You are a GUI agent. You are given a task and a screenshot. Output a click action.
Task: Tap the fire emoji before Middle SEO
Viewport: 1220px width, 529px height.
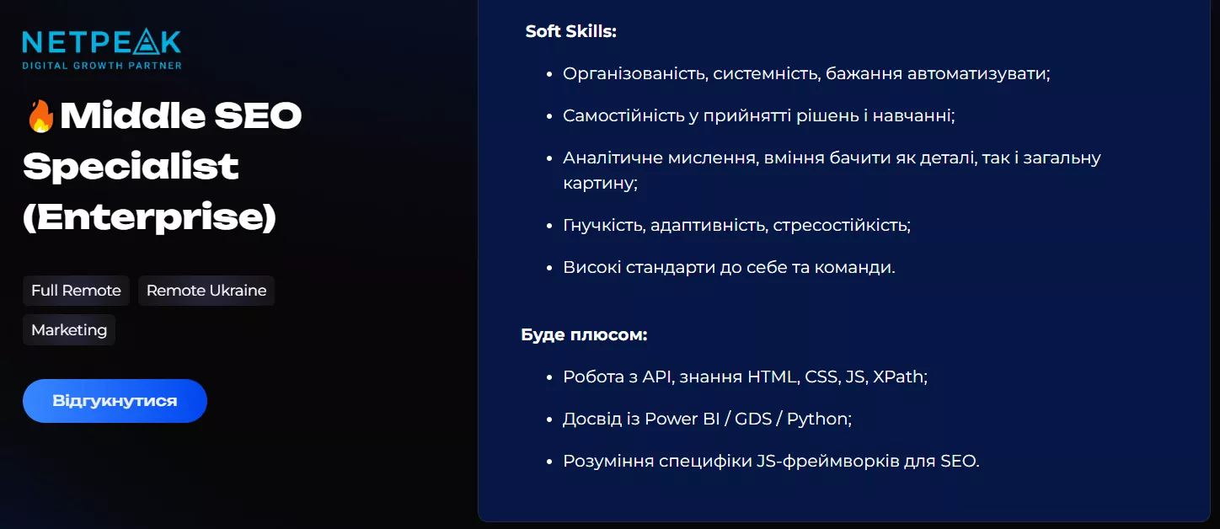pos(40,116)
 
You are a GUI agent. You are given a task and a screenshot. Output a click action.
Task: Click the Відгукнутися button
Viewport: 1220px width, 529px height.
pos(115,401)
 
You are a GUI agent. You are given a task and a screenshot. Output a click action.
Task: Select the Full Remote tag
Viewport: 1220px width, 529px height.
pos(76,291)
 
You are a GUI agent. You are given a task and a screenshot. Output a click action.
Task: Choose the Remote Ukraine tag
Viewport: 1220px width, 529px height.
pos(206,291)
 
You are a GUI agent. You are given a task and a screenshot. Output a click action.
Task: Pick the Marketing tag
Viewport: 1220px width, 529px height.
pos(69,330)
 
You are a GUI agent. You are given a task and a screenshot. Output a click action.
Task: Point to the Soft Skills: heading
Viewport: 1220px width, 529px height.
pos(571,32)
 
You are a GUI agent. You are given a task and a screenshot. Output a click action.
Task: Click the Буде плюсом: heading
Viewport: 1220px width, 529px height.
pos(584,334)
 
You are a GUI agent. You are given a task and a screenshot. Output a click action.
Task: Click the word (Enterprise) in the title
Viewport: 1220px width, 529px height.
pos(149,217)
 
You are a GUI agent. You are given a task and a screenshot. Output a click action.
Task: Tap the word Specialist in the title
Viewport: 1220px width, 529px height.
pos(131,167)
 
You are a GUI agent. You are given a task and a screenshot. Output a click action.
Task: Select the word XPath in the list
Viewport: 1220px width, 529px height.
pos(899,377)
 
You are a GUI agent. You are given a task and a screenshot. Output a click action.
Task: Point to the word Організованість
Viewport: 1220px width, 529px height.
pos(634,73)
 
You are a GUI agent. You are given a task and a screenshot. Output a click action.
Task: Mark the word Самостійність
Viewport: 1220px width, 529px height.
pos(623,115)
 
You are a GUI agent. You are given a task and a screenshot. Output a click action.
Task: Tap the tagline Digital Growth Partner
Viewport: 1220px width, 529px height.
pos(101,65)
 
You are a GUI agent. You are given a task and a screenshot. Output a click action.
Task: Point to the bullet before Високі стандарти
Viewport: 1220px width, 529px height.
pos(549,268)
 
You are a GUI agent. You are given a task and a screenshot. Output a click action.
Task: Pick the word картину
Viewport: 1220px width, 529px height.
pos(599,183)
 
